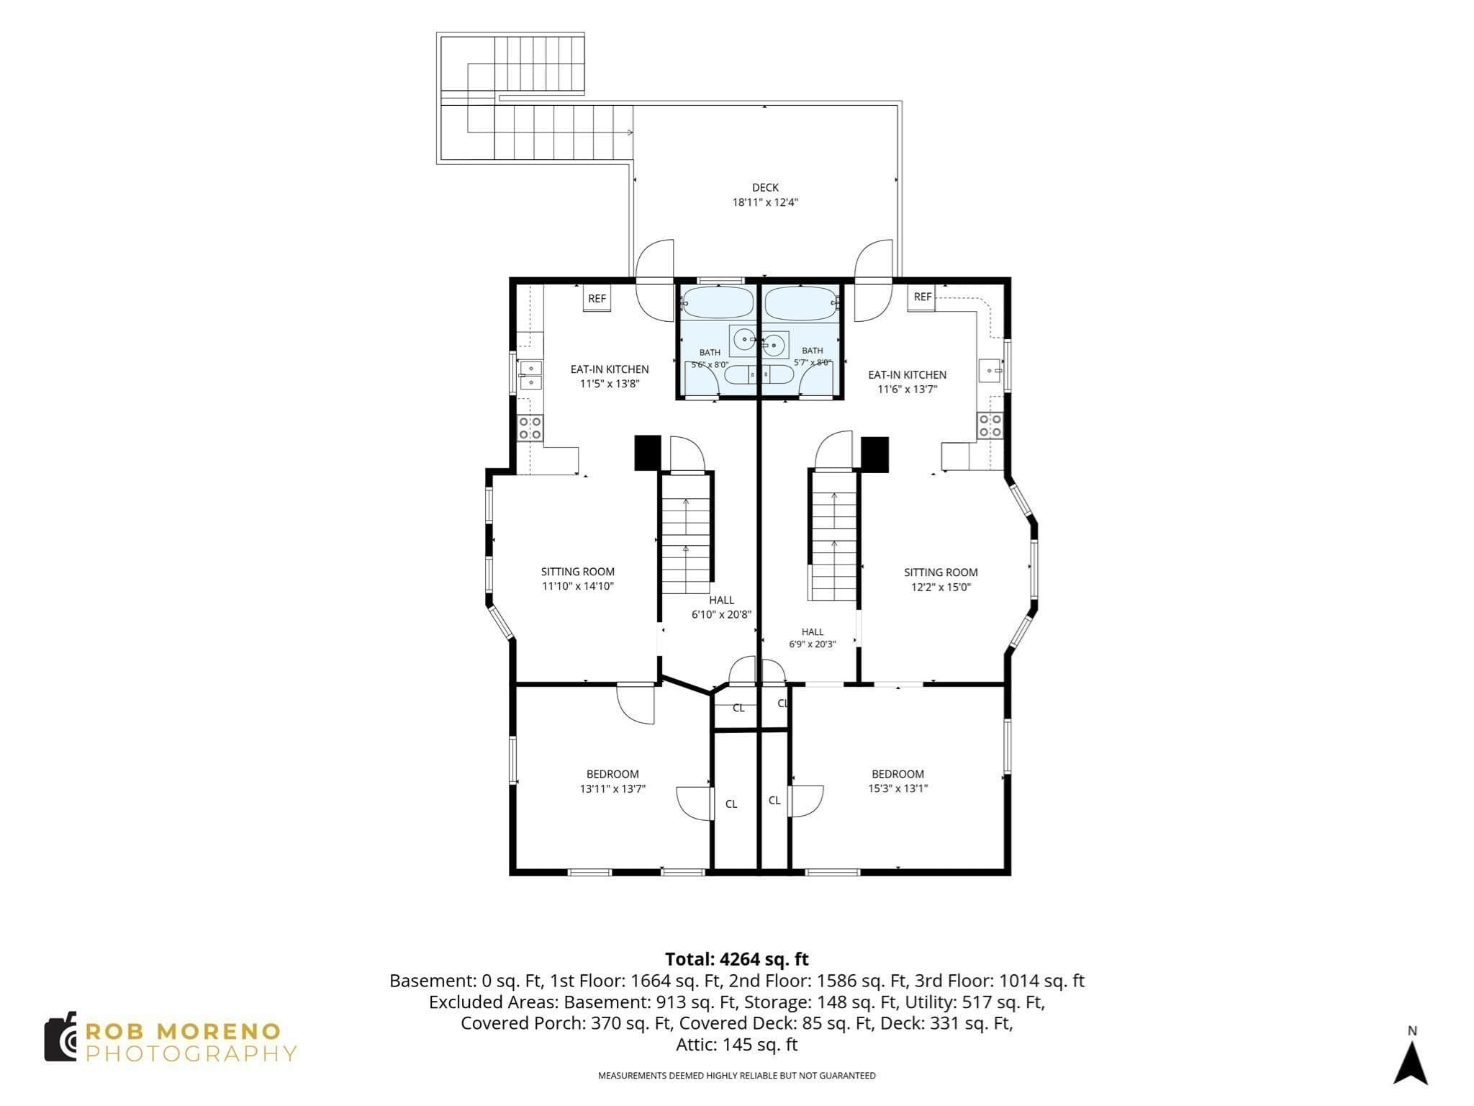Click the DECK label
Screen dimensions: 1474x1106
pyautogui.click(x=765, y=188)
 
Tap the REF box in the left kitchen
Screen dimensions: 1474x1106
pyautogui.click(x=597, y=298)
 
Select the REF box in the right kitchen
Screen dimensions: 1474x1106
pyautogui.click(x=922, y=297)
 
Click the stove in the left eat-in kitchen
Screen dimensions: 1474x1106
pyautogui.click(x=530, y=428)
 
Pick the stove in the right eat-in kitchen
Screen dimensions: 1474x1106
pyautogui.click(x=990, y=425)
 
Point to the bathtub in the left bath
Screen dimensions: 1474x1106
pyautogui.click(x=715, y=302)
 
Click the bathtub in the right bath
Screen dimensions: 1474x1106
pyautogui.click(x=801, y=302)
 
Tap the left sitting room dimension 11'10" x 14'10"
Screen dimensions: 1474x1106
pyautogui.click(x=578, y=586)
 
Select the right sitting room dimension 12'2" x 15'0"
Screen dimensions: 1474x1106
pyautogui.click(x=941, y=587)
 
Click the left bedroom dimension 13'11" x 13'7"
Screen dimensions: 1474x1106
pyautogui.click(x=612, y=788)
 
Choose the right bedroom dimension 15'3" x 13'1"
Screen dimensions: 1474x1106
pyautogui.click(x=897, y=788)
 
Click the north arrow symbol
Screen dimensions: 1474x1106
pyautogui.click(x=1411, y=1063)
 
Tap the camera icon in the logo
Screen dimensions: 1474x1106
pyautogui.click(x=60, y=1036)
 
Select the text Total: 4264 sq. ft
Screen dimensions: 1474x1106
pyautogui.click(x=736, y=959)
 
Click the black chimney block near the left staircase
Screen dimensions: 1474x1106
pyautogui.click(x=647, y=453)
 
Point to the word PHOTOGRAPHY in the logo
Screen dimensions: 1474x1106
pyautogui.click(x=191, y=1053)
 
